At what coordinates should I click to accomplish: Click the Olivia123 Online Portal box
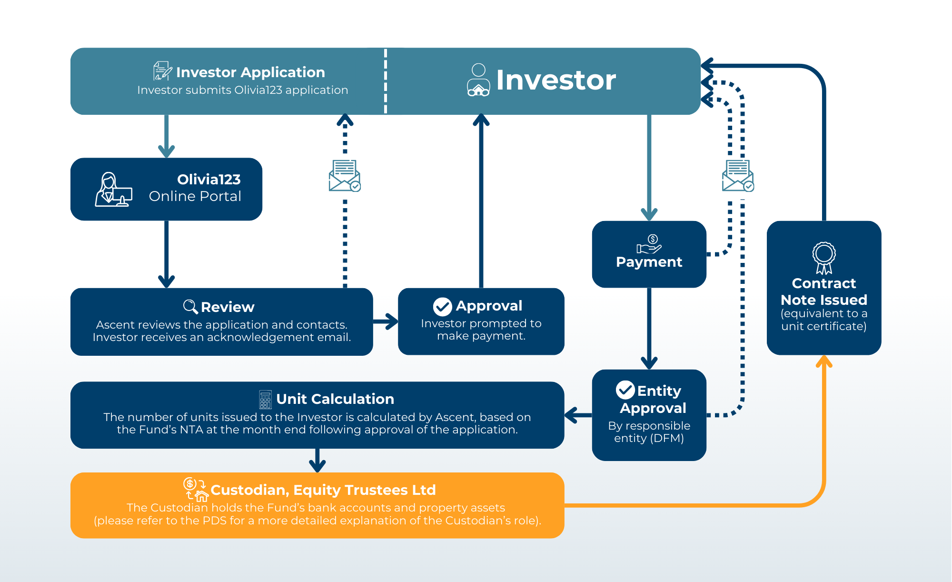tap(166, 189)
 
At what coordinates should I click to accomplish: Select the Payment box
tap(649, 254)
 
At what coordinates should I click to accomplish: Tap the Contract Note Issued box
tap(824, 288)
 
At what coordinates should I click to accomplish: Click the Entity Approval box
tap(649, 415)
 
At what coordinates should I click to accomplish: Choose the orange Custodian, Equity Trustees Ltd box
tap(317, 505)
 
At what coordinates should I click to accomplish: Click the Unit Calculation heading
tap(335, 399)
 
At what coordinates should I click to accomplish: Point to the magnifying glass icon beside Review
tap(190, 307)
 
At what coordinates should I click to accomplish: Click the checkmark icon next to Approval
tap(442, 307)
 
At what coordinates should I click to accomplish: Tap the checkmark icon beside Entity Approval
tap(625, 390)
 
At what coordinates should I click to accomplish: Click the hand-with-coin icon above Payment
tap(649, 244)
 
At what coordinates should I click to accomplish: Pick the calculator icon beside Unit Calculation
tap(265, 400)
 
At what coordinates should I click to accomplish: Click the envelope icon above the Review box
tap(345, 176)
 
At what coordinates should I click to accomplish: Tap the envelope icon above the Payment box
tap(738, 176)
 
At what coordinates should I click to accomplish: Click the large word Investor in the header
tap(556, 80)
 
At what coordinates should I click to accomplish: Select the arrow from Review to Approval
tap(386, 321)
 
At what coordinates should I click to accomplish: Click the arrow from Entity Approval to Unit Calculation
tap(578, 415)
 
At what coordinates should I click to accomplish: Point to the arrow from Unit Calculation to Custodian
tap(317, 460)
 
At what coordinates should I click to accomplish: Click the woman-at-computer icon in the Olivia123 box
tap(113, 189)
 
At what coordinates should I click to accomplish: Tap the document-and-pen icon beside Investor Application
tap(162, 71)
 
